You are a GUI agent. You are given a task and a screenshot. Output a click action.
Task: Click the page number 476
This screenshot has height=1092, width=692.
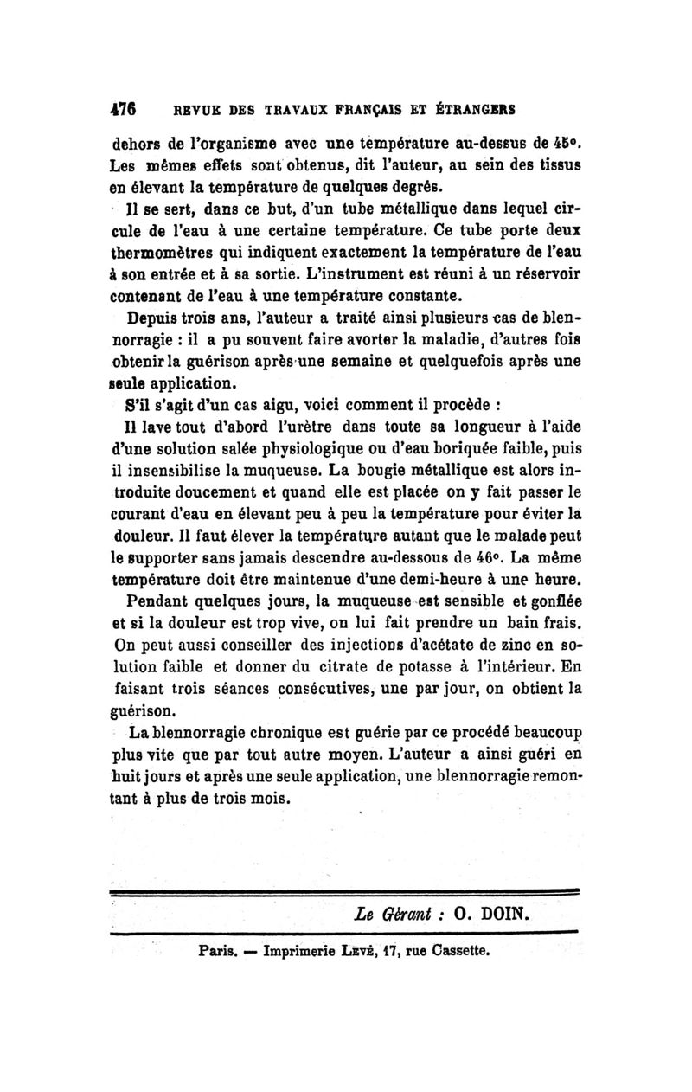point(126,111)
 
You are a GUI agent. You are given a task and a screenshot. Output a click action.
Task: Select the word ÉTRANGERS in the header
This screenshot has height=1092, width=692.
point(477,111)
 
